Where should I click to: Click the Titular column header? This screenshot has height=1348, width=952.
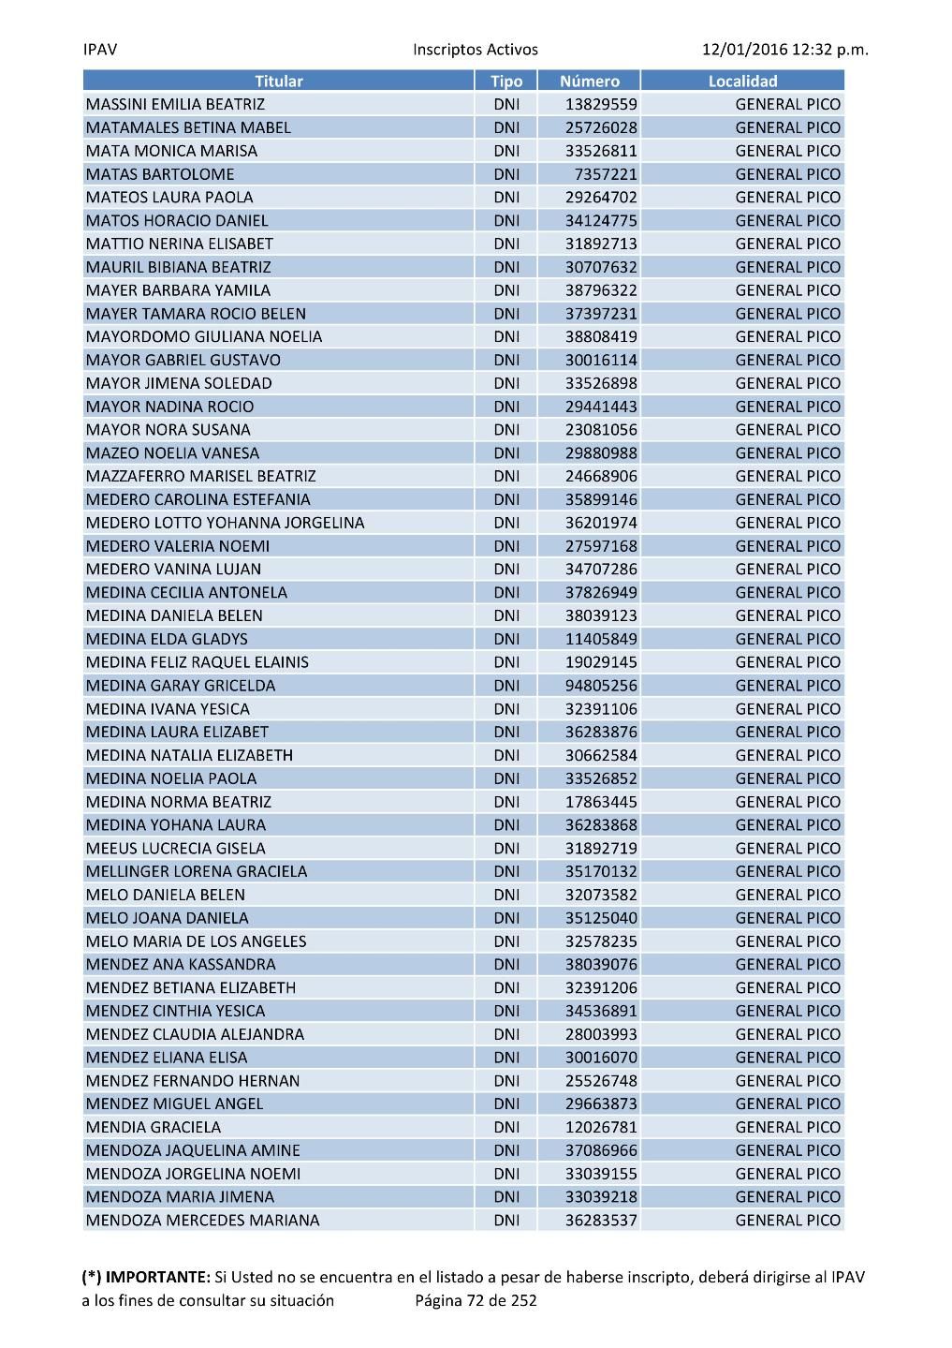click(279, 81)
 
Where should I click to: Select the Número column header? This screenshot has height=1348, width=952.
click(589, 81)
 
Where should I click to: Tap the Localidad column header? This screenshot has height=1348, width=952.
click(742, 81)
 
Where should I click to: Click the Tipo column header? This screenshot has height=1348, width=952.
click(506, 81)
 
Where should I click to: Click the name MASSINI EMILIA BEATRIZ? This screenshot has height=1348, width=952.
click(175, 105)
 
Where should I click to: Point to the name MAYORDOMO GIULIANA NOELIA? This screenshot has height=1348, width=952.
click(203, 337)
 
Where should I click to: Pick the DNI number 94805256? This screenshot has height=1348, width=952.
click(601, 686)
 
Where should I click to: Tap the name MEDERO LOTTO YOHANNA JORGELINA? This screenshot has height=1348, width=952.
click(225, 523)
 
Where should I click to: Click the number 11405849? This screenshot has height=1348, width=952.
click(601, 639)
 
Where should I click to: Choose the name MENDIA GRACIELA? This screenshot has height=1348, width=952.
click(154, 1127)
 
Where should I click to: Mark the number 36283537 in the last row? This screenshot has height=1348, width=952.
click(601, 1221)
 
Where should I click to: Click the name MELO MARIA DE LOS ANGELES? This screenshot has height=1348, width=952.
click(196, 941)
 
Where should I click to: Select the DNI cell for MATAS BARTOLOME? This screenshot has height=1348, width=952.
click(506, 174)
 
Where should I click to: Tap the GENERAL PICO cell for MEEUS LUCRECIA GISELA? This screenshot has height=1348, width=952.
click(787, 849)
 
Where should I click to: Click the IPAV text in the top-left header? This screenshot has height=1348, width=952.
click(100, 50)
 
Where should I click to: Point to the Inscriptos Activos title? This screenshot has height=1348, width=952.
click(476, 50)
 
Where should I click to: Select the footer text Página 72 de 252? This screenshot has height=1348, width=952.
click(476, 1300)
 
